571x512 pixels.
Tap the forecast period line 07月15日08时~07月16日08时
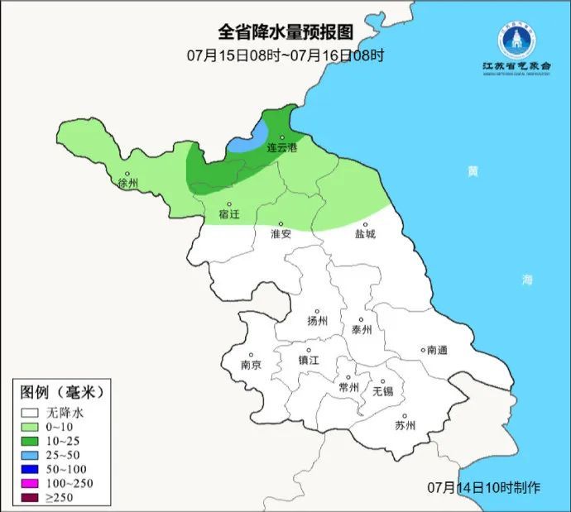(285, 55)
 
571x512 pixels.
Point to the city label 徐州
(128, 183)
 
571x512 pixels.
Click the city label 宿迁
(228, 214)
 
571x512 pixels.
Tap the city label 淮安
(281, 234)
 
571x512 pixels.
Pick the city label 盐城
(365, 234)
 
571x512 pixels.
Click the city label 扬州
(318, 321)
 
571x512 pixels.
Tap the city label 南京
(251, 365)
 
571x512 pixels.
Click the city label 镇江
(308, 360)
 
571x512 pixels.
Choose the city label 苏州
(405, 426)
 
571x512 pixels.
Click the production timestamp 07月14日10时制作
(484, 486)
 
